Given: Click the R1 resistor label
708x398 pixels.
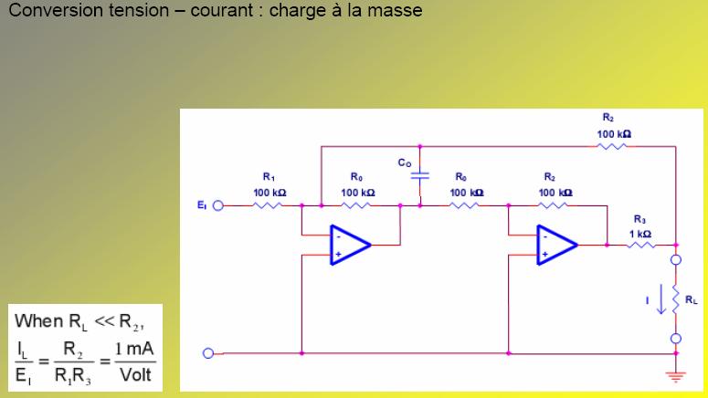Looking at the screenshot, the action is [269, 177].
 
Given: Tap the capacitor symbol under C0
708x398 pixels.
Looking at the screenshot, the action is [419, 176].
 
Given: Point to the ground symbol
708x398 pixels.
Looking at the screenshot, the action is [676, 375].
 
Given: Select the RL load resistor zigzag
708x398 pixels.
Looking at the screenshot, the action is [676, 298].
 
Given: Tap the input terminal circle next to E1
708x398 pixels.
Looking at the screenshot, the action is [218, 205].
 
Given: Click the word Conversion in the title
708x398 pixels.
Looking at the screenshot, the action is [54, 12].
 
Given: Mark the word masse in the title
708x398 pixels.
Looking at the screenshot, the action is [396, 12].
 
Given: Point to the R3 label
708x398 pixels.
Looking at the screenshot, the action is [639, 219].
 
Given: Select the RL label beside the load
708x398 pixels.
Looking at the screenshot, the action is [692, 298].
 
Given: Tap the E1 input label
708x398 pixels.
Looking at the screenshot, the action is [203, 205].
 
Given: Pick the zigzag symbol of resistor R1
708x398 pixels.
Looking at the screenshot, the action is [269, 205].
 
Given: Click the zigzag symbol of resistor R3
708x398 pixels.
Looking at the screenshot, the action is [641, 245].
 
